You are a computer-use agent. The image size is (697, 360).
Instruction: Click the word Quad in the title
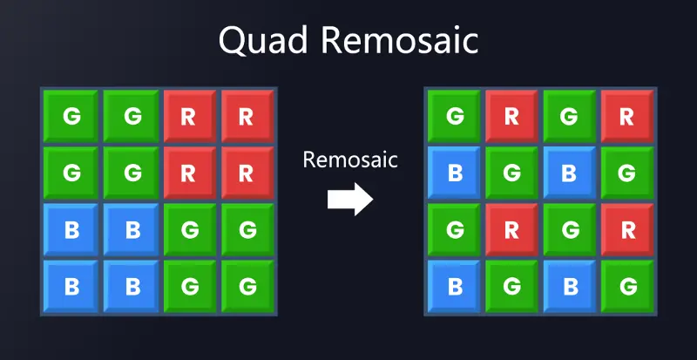coord(263,41)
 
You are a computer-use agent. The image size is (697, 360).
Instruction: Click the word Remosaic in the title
coord(400,40)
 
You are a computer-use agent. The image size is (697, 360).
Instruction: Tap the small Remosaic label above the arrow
coord(350,160)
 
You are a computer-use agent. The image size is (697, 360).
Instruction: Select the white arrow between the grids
coord(350,199)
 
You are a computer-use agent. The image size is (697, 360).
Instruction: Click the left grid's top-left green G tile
coord(71,116)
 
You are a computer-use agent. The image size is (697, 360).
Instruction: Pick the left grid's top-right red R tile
coord(247,116)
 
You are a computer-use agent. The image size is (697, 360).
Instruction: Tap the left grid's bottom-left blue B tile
coord(71,287)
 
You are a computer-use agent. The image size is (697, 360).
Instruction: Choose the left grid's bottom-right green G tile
coord(247,287)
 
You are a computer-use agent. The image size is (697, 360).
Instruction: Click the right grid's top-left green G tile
coord(454,116)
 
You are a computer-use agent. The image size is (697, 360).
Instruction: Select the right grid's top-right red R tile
coord(626,116)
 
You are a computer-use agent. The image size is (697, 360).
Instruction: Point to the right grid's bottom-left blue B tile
coord(454,287)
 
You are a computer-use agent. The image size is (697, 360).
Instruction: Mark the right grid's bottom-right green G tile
coord(626,287)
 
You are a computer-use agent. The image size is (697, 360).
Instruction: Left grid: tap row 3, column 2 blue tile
coord(132,229)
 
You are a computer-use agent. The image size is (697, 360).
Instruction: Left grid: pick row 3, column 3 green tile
coord(190,229)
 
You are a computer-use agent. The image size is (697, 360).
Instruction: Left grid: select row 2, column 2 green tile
coord(132,173)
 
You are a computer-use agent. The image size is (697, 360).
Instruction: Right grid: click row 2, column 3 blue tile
coord(570,173)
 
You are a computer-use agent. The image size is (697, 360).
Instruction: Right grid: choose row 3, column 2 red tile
coord(511,229)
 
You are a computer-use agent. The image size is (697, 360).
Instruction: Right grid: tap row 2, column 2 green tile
coord(511,173)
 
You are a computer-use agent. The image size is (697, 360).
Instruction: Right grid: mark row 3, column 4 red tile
coord(626,229)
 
